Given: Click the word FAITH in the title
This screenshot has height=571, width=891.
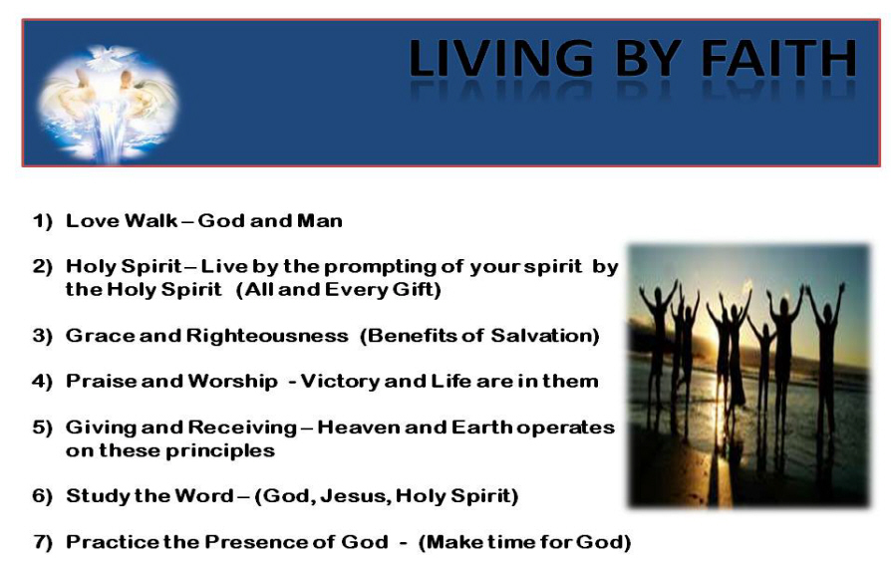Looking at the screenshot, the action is pos(778,58).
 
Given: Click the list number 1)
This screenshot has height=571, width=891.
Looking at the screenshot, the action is pos(42,221).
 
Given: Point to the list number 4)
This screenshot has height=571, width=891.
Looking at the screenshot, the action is pos(42,382).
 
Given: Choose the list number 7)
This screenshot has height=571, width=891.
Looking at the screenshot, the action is pos(42,542).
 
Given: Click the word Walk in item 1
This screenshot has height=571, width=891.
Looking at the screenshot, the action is pos(150,220).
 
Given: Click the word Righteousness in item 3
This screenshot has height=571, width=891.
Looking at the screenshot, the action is pos(267,336).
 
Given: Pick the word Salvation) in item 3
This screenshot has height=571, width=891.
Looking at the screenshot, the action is pos(545,336).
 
